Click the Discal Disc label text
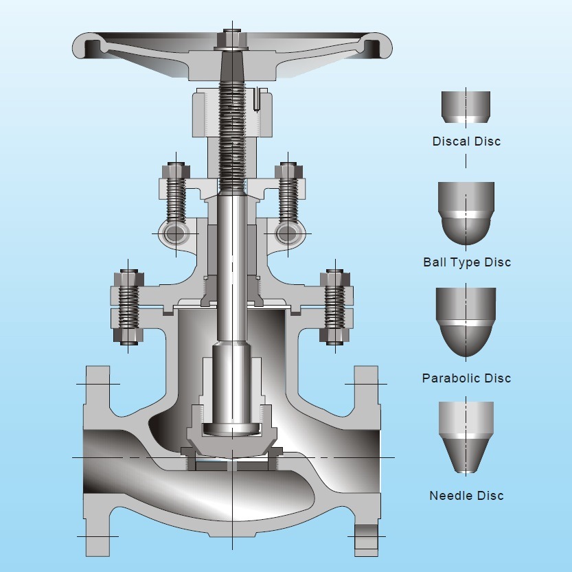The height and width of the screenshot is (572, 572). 466,141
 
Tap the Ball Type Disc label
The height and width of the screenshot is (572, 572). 467,262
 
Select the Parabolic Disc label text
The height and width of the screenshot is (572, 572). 466,378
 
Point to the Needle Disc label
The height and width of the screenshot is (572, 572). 466,496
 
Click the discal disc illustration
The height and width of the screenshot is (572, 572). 466,107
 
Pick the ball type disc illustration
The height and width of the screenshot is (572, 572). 466,213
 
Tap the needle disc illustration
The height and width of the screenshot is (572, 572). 466,437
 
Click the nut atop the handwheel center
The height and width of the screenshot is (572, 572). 233,37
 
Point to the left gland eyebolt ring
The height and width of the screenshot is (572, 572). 176,233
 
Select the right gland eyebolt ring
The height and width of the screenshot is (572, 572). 290,233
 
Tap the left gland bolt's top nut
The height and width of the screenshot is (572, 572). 176,170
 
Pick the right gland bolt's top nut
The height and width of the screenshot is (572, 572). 290,170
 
